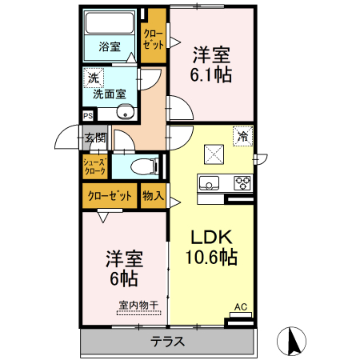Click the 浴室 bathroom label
[110, 46]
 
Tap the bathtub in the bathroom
[110, 24]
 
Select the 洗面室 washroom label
[109, 94]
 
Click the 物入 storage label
[152, 194]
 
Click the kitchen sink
[210, 183]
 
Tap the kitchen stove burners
[242, 183]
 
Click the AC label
[240, 306]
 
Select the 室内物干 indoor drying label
[138, 304]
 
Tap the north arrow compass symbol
[293, 342]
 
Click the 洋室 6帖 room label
[124, 269]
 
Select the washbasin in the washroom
[125, 113]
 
